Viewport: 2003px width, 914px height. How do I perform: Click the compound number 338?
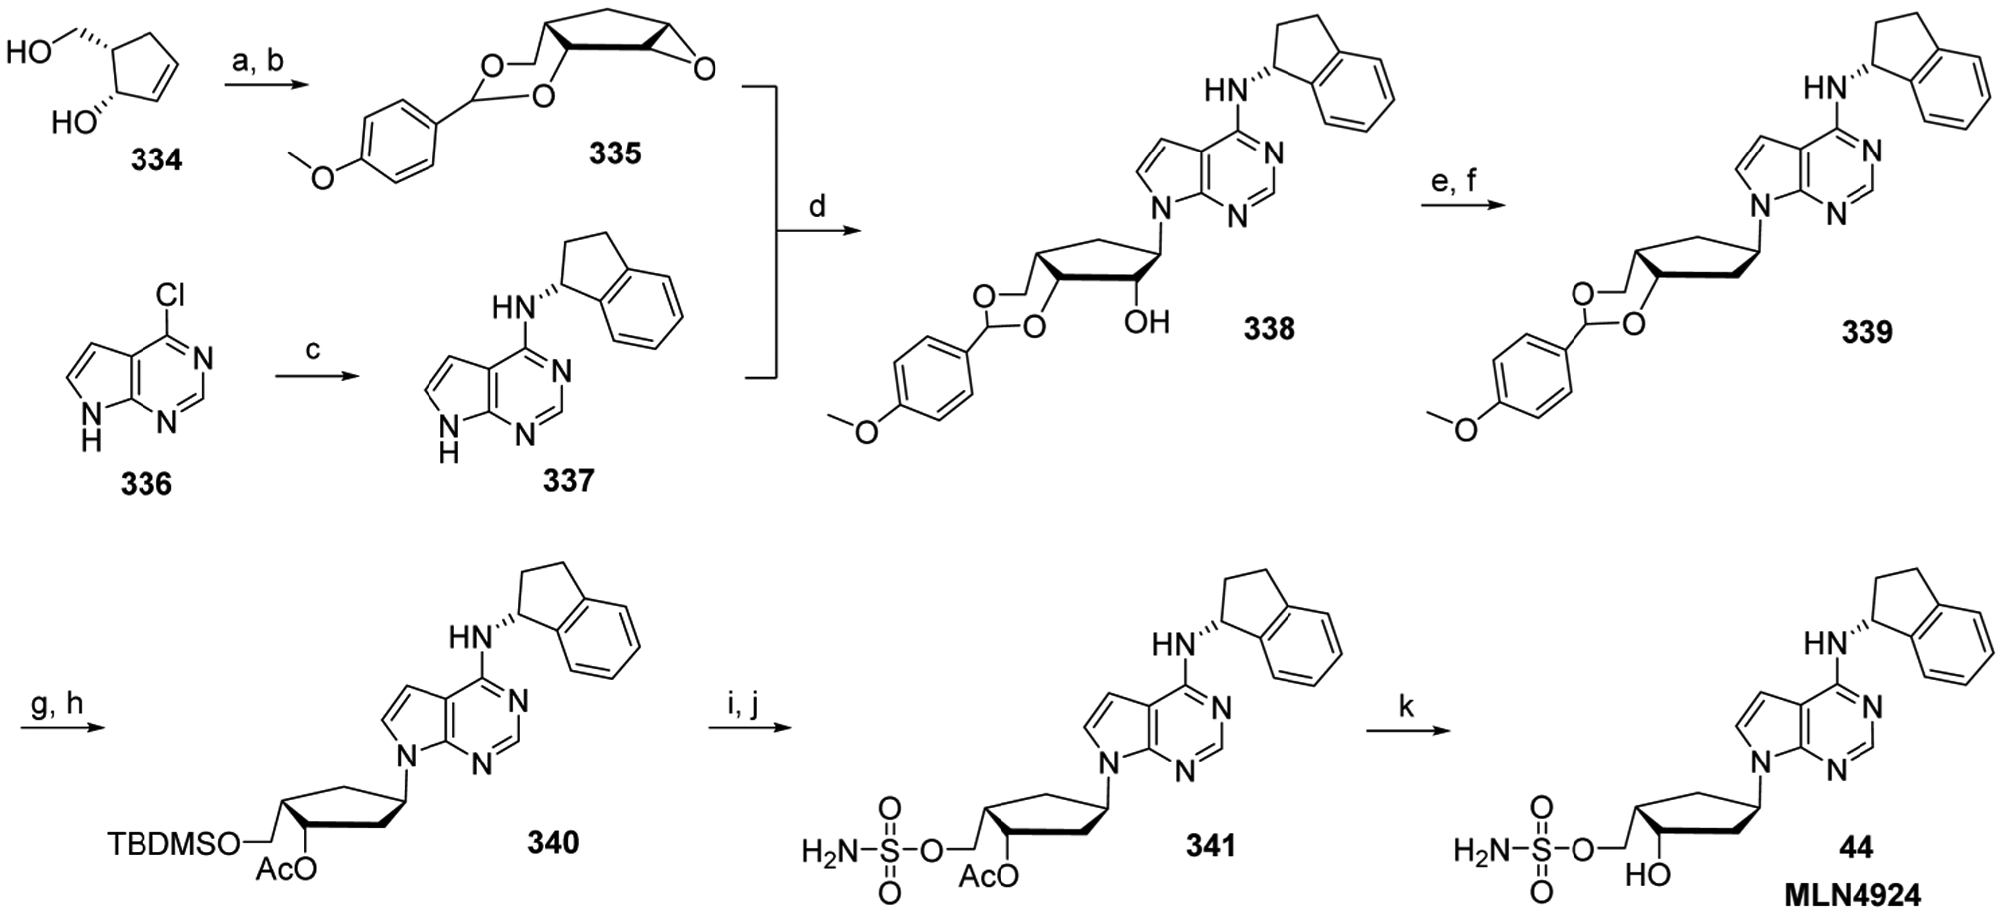click(1269, 328)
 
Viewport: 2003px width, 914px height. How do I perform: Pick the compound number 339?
click(1865, 332)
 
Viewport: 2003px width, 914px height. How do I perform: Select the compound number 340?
click(552, 843)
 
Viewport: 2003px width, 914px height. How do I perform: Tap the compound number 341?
click(1208, 846)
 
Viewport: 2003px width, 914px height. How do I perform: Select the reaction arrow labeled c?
click(306, 376)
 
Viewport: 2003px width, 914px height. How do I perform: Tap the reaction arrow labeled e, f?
click(1458, 206)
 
